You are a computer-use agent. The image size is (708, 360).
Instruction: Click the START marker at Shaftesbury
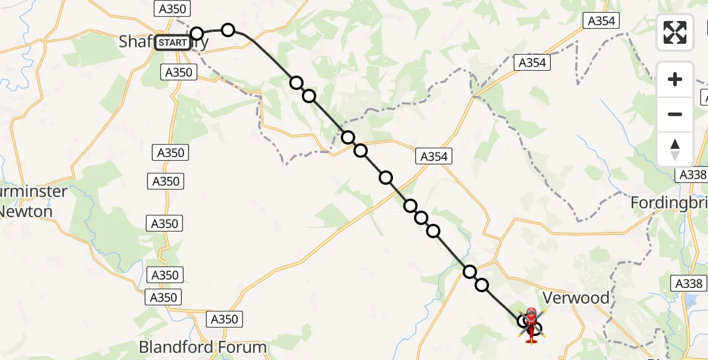click(173, 43)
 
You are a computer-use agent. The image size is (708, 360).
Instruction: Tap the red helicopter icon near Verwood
click(531, 324)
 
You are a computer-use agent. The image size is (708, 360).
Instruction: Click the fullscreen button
click(675, 32)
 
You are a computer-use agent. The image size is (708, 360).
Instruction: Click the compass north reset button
click(675, 149)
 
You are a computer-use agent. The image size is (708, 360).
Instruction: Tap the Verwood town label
click(575, 298)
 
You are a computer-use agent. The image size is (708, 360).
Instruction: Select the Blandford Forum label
click(202, 347)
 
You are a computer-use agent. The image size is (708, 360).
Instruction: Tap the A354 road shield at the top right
click(601, 21)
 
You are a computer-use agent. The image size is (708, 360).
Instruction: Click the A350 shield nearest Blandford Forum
click(224, 319)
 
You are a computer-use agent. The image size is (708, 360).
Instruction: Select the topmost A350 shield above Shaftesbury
click(172, 8)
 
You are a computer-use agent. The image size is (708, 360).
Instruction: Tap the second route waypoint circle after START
click(228, 30)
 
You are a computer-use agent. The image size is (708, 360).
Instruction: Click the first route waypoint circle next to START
click(197, 33)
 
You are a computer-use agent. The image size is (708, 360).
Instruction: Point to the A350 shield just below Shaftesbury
click(179, 73)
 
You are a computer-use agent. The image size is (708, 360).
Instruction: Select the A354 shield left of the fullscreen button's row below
click(532, 62)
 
